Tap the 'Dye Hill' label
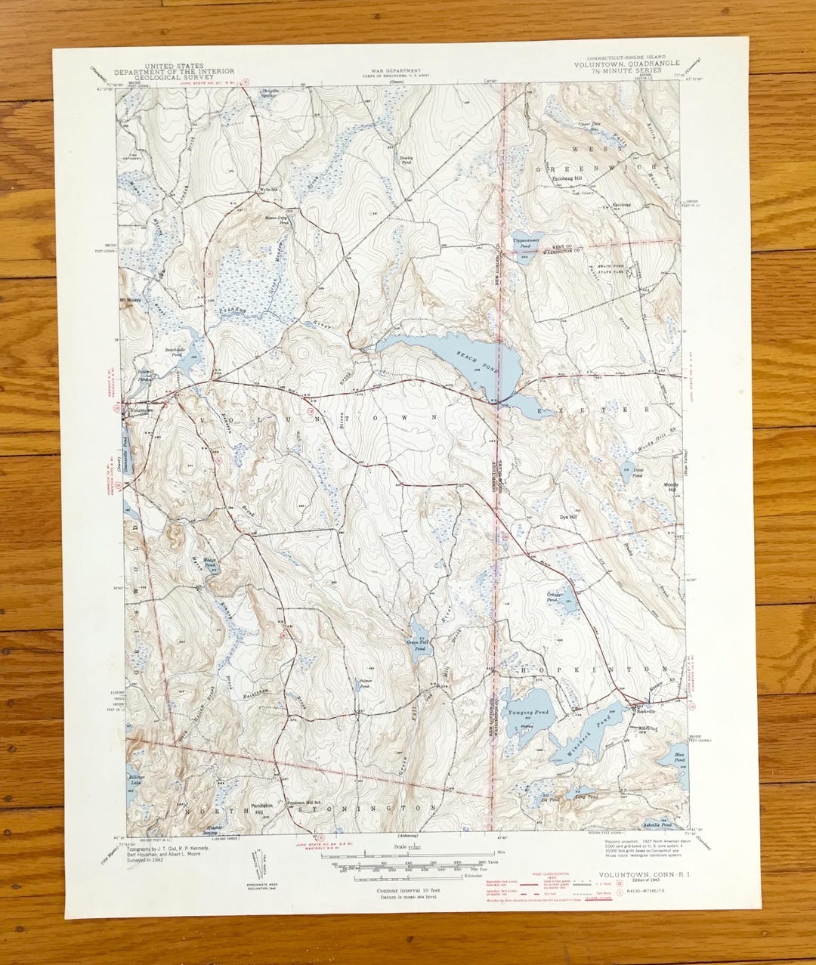click(x=567, y=518)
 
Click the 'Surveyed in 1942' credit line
click(x=141, y=860)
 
